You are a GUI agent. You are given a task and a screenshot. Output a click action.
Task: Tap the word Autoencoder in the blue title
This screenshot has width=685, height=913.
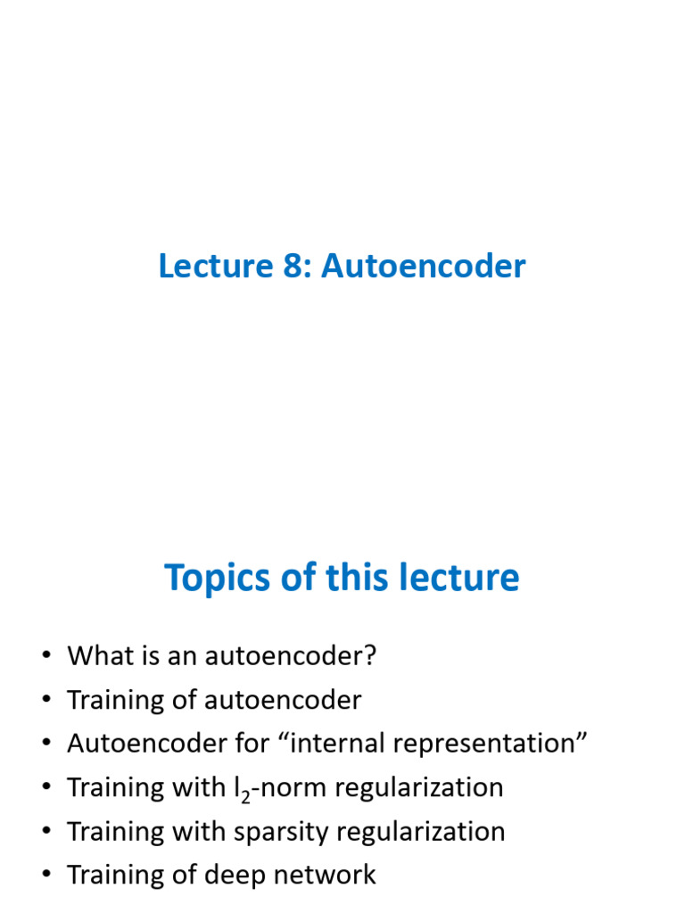click(x=424, y=266)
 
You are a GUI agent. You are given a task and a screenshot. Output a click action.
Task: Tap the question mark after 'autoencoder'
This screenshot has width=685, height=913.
click(x=371, y=656)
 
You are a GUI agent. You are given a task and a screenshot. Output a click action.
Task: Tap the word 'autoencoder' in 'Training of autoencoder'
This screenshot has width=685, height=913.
click(x=283, y=700)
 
